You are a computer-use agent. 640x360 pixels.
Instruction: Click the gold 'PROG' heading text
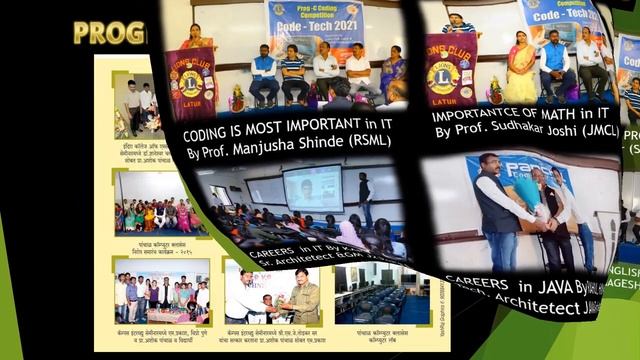(x=109, y=33)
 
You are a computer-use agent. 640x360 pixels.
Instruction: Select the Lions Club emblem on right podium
(x=447, y=73)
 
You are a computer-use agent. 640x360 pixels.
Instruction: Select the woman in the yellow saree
(x=520, y=70)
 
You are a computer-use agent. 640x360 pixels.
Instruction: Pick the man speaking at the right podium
(x=460, y=24)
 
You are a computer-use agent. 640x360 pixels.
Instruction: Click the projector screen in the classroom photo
(x=312, y=187)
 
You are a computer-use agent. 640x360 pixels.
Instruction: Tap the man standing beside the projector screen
(x=366, y=198)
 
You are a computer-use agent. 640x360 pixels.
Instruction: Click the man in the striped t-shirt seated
(x=293, y=72)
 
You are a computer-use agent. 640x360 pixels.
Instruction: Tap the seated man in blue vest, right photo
(x=555, y=64)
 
